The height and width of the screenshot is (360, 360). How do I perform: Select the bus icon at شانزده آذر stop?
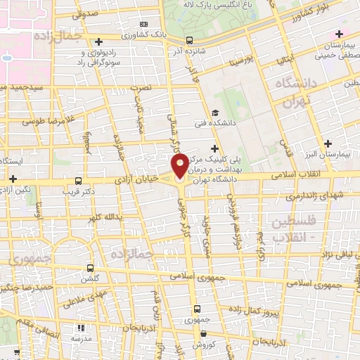(189, 40)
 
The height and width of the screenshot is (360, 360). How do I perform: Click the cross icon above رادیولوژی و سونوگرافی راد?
(98, 42)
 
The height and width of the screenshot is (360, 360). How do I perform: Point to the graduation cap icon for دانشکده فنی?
(214, 113)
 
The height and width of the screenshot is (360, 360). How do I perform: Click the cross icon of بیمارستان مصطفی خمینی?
(340, 34)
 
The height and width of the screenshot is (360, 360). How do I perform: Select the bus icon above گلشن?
(90, 268)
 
